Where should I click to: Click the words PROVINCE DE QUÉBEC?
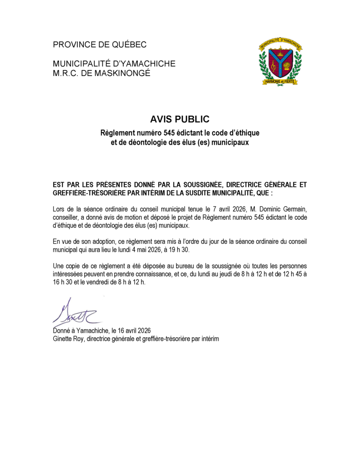tap(100, 45)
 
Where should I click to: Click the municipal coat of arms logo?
tap(279, 63)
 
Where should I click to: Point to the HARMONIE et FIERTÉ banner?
tap(279, 81)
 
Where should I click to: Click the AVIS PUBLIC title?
tap(180, 119)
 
